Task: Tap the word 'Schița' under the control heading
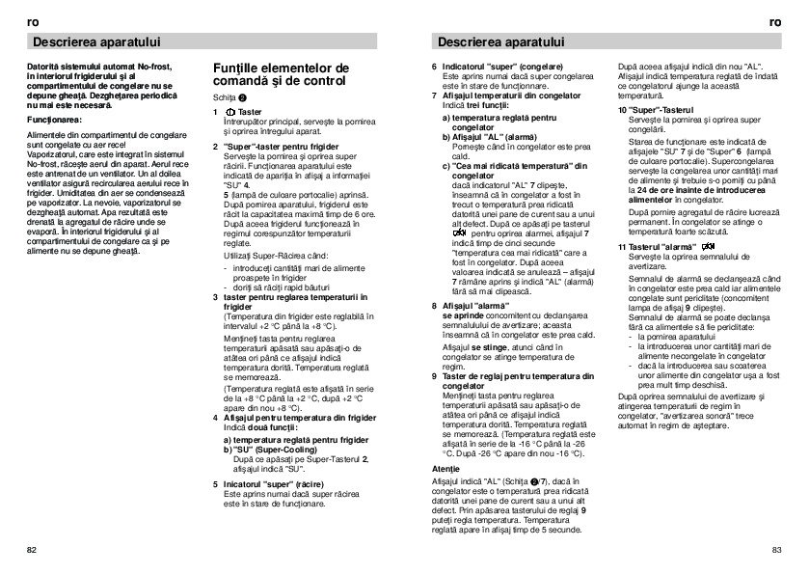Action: pos(225,98)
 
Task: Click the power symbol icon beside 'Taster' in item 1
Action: pos(228,112)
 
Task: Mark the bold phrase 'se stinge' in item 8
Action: pos(482,345)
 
